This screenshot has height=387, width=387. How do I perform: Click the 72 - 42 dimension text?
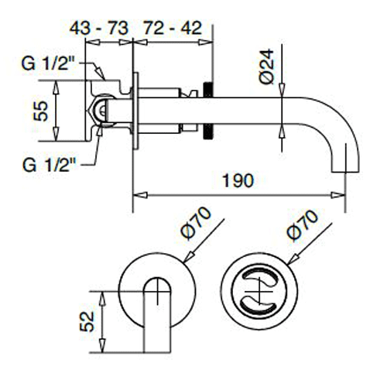[x=172, y=28]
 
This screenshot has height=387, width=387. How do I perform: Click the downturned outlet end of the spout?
[x=343, y=163]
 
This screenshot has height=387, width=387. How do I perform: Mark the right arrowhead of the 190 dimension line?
[x=348, y=190]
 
